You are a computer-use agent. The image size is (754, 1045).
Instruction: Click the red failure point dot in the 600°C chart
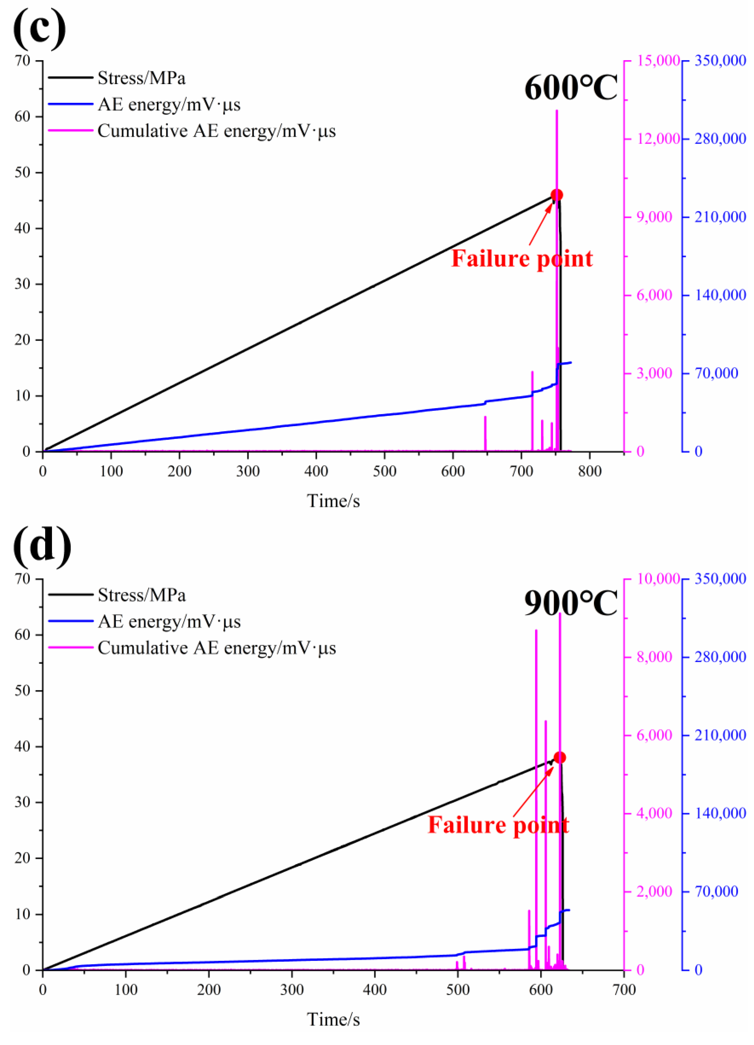tap(556, 195)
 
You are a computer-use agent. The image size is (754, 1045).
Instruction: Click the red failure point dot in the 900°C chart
tap(559, 757)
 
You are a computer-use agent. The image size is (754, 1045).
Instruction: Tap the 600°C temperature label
tap(571, 87)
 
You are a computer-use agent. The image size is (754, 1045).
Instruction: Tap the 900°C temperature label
tap(571, 604)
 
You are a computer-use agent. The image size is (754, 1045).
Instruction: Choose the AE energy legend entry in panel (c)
tap(169, 104)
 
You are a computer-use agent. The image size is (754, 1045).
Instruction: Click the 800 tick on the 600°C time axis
tap(590, 471)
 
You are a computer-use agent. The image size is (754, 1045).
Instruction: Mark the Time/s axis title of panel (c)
tap(333, 501)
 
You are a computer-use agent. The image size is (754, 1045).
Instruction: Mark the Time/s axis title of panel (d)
tap(333, 1019)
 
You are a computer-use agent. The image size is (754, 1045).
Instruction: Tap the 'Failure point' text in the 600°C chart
tap(522, 259)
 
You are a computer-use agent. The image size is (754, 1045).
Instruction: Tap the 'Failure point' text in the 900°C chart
tap(498, 825)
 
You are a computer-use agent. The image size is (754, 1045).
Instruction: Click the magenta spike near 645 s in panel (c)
tap(485, 433)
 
